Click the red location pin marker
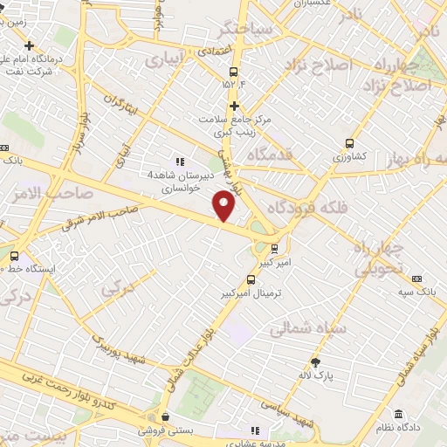[x=224, y=206]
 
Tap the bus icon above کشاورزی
[x=350, y=144]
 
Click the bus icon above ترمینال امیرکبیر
[x=251, y=281]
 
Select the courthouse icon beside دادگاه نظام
[x=398, y=414]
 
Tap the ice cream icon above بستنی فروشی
[x=162, y=416]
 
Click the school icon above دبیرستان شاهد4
[x=180, y=162]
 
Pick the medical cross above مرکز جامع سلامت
[x=234, y=106]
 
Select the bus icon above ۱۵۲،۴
[x=233, y=72]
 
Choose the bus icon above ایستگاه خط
[x=14, y=256]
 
